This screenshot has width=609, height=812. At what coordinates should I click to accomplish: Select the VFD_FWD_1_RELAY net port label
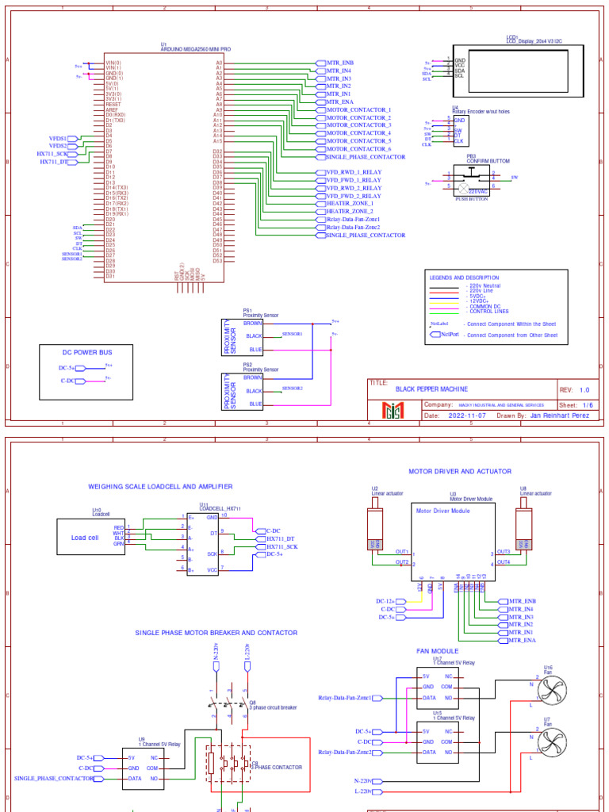coord(354,180)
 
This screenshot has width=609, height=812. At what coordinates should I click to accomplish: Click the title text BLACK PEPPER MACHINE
coord(431,389)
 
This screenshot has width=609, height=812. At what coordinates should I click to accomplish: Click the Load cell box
coord(85,537)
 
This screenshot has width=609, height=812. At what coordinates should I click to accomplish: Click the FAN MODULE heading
coord(438,650)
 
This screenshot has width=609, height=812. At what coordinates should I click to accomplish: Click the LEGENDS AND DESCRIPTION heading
coord(465,278)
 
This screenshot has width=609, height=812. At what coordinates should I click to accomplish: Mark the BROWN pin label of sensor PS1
coord(253,324)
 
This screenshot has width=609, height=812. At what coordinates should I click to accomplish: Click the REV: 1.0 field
coord(576,390)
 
